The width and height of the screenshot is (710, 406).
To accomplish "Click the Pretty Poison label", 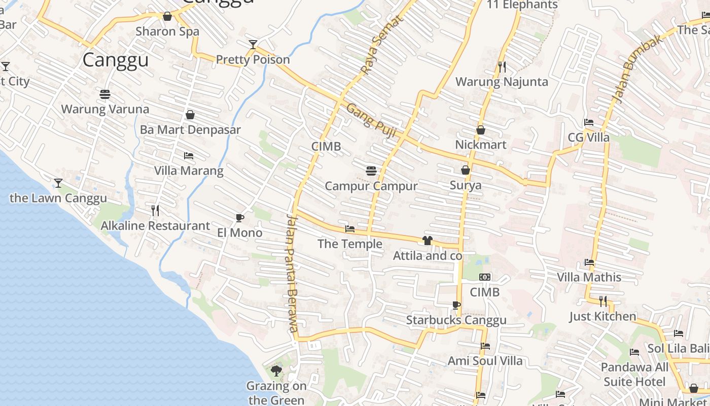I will click(253, 60).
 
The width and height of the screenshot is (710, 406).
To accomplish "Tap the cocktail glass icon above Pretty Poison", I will click(253, 45).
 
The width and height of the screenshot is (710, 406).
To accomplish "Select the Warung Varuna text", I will click(105, 109).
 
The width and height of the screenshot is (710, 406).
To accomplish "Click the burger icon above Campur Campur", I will click(371, 171).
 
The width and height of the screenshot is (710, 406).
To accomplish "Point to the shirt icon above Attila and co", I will click(427, 241).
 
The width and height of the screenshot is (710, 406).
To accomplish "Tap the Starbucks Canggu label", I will click(456, 320).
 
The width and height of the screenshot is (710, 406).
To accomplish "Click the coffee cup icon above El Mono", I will click(239, 218).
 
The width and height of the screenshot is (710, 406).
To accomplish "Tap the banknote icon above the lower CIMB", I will click(485, 277).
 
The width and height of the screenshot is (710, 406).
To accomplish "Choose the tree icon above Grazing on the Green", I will click(276, 371).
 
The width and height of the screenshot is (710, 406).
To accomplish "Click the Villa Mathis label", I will click(589, 278).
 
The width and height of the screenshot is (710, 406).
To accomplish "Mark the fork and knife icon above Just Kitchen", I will click(602, 301).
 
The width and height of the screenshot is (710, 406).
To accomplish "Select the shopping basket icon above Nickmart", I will click(480, 130).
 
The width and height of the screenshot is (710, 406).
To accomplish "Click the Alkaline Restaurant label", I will click(155, 226).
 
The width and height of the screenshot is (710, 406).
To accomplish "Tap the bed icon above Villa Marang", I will click(188, 156).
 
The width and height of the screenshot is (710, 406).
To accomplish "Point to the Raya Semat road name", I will click(381, 45).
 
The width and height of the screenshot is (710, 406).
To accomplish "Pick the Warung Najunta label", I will click(501, 82).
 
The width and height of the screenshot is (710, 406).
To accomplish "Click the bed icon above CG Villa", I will click(588, 122).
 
